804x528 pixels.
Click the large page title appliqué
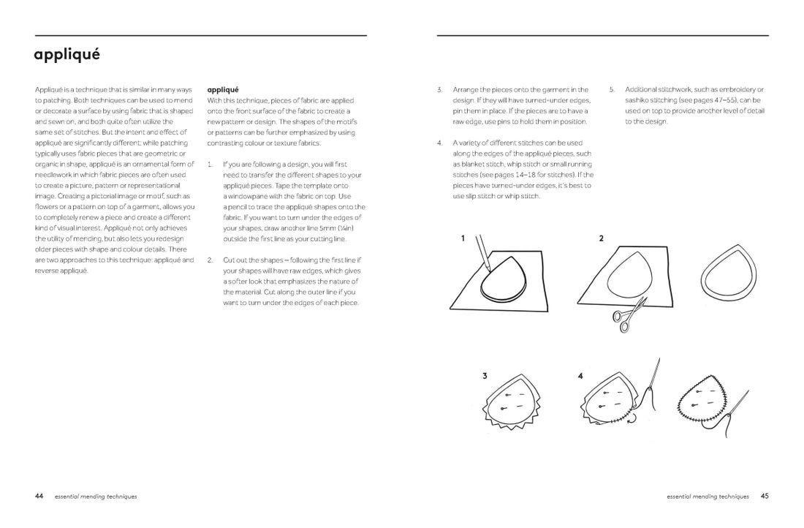pos(67,55)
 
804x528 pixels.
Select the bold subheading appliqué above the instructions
pos(223,89)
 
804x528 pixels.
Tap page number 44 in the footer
pos(39,496)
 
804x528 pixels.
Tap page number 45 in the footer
pos(765,496)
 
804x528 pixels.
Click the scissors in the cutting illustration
pos(625,313)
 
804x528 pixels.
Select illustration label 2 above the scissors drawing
pos(601,238)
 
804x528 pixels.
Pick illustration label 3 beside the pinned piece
pos(485,376)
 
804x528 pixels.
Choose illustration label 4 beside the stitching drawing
pos(580,376)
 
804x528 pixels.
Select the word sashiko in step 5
pos(639,100)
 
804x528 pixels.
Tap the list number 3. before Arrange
pos(440,90)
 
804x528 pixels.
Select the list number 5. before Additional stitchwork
pos(613,90)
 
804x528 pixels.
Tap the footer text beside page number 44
pos(96,497)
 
